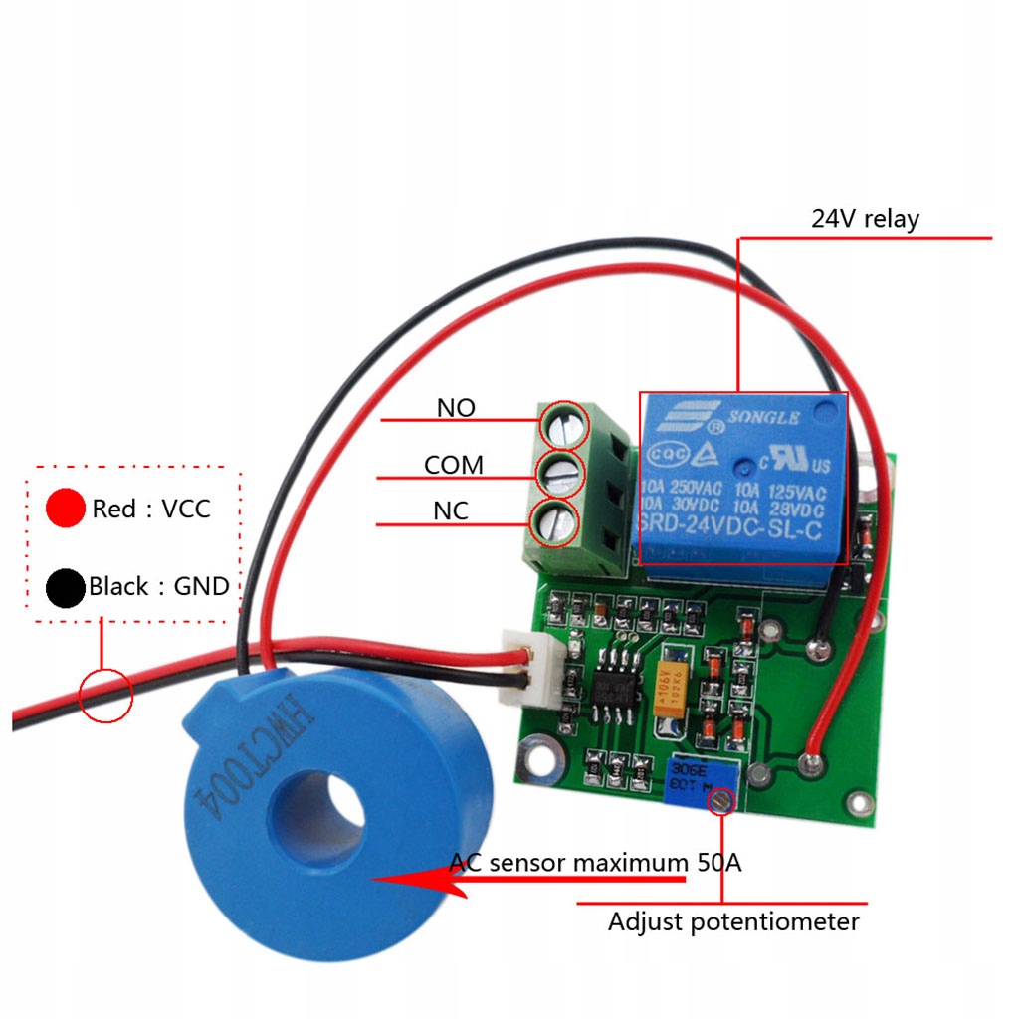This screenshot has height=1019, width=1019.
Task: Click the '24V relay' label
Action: tap(864, 218)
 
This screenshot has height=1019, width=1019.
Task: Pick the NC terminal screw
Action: tap(558, 522)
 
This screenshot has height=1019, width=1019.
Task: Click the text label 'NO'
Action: tap(456, 408)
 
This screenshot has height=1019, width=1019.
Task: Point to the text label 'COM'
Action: tap(454, 465)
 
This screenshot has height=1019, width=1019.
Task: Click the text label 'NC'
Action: tap(450, 511)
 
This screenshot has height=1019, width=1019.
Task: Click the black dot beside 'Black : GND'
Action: tap(65, 587)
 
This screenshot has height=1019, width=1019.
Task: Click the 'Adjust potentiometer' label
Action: tap(733, 921)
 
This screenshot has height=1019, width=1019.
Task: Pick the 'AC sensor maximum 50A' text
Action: tap(595, 862)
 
